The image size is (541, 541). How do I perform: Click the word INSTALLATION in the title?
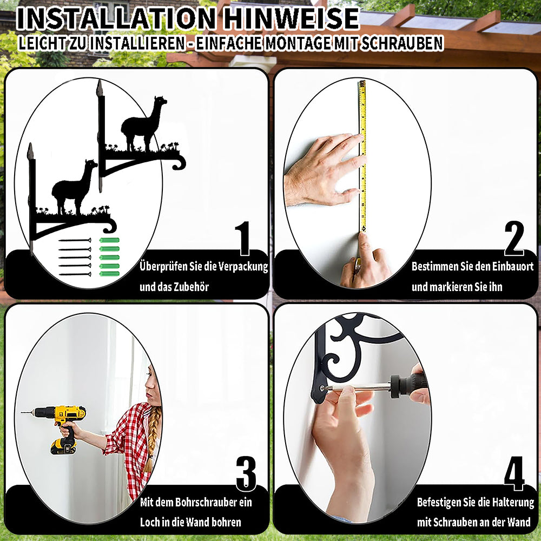116,18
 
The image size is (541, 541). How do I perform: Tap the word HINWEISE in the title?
292,18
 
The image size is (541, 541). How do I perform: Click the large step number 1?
243,238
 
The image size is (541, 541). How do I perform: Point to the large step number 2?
514,238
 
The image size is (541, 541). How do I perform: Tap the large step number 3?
246,474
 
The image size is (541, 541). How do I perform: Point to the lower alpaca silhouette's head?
91,164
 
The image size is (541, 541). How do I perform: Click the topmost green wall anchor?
109,240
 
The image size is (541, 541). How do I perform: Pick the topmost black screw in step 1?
75,240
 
